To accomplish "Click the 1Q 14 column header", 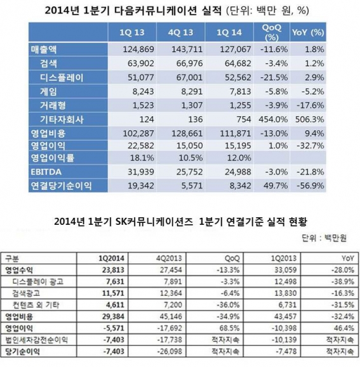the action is point(229,32).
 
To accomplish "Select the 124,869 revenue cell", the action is point(138,50).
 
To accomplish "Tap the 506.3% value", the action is point(310,119).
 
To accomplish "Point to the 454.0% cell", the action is point(273,119).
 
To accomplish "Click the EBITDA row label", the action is point(46,172).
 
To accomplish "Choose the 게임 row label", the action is point(48,91).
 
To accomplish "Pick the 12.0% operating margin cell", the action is point(239,158).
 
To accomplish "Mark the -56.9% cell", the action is point(310,186).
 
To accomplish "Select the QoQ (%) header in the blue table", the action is point(272,32).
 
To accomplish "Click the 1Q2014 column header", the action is point(111,258).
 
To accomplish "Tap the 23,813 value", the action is point(113,270).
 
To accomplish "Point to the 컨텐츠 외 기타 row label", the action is point(36,305).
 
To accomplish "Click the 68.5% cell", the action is point(230,328).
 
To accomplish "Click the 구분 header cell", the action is point(12,258).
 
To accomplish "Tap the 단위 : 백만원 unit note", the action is point(324,238).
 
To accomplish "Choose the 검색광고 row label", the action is point(26,293).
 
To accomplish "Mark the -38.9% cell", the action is point(343,281).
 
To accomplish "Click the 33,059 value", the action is point(286,270).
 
